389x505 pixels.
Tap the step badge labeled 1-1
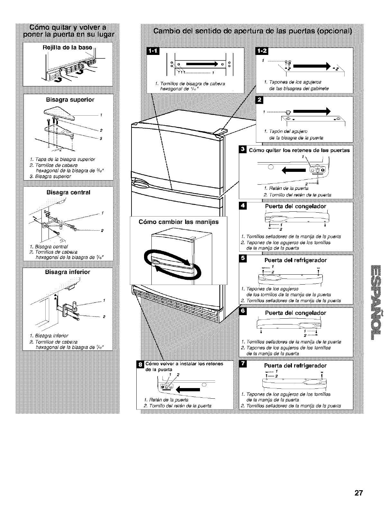coord(151,52)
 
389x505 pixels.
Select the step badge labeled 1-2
coord(259,52)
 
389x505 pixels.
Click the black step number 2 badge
coord(259,101)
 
